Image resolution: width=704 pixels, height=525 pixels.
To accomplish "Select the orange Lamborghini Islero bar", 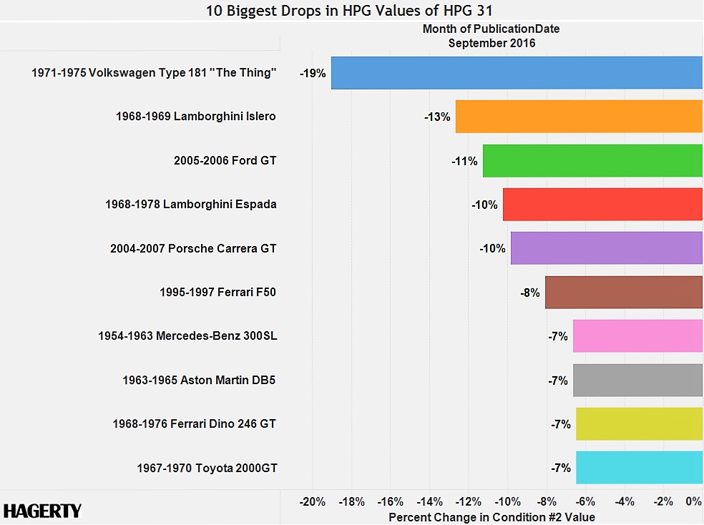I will click(579, 117).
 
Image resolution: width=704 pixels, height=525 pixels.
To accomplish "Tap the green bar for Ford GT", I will click(592, 161).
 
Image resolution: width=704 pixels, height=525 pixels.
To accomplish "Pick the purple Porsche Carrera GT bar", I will click(607, 248).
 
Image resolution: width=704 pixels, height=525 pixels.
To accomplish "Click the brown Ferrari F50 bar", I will click(624, 292).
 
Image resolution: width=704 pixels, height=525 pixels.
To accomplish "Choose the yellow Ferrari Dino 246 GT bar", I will click(639, 423).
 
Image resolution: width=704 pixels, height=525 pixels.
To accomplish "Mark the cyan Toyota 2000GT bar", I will click(639, 468).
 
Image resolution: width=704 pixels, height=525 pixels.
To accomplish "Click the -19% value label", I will click(313, 73).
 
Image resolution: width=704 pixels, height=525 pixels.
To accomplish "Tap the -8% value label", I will click(530, 293).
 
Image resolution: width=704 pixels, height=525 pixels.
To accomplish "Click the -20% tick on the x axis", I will click(313, 501).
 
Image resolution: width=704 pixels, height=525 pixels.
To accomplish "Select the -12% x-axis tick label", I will click(469, 501).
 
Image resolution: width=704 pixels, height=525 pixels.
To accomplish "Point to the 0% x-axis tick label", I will click(693, 501).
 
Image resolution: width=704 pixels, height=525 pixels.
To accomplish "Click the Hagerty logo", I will click(43, 511).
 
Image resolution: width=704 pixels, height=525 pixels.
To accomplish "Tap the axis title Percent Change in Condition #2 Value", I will click(491, 516).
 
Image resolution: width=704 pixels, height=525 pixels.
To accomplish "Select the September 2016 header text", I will click(492, 43).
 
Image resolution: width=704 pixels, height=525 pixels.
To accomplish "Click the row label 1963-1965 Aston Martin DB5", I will click(199, 381).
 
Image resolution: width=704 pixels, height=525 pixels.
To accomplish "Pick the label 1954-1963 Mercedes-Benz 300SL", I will click(187, 336).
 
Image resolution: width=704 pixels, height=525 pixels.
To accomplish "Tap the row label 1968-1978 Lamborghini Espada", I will click(191, 205).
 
